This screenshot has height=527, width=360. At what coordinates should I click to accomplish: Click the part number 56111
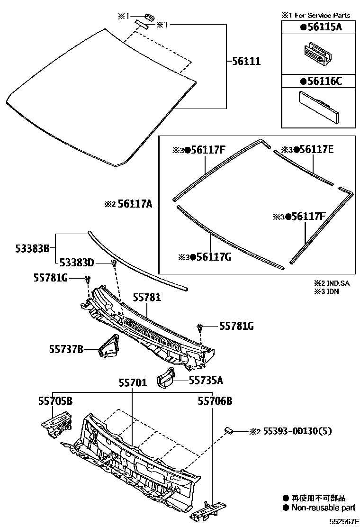click(246, 61)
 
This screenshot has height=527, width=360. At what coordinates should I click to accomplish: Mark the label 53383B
click(31, 248)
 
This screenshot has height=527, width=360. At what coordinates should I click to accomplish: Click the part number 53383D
click(77, 263)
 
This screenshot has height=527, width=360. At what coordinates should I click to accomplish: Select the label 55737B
click(66, 349)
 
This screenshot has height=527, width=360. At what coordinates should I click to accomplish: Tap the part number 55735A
click(206, 380)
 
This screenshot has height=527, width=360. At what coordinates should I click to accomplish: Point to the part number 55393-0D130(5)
click(297, 431)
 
